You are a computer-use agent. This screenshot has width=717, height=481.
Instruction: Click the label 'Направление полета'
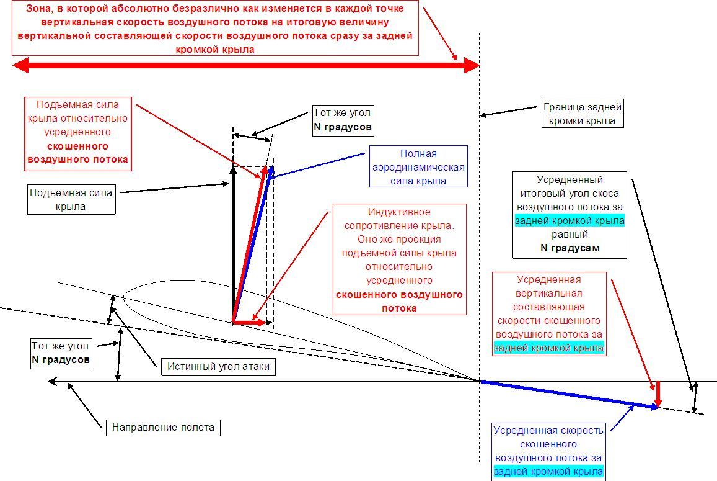click(163, 427)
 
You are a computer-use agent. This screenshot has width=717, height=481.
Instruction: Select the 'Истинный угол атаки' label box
click(218, 366)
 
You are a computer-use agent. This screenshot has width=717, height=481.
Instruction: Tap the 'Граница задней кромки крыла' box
click(582, 114)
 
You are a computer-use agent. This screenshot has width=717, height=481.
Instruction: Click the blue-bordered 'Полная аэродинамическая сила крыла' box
click(418, 167)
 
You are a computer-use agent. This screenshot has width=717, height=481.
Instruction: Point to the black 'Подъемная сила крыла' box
click(71, 199)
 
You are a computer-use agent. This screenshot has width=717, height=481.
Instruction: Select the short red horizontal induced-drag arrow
click(249, 322)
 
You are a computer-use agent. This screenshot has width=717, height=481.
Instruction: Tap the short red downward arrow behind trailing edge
click(658, 393)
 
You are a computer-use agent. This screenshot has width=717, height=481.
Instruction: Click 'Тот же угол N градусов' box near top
click(342, 121)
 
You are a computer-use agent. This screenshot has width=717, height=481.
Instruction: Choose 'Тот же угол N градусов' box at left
click(61, 353)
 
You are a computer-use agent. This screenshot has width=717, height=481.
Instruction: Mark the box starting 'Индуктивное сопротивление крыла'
click(399, 259)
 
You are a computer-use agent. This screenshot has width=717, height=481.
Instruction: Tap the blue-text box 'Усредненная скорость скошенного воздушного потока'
click(548, 450)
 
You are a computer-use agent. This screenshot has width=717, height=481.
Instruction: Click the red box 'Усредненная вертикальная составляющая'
click(548, 313)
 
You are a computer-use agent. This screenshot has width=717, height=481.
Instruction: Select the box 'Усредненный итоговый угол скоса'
click(570, 214)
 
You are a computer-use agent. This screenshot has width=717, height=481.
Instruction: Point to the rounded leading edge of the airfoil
click(125, 295)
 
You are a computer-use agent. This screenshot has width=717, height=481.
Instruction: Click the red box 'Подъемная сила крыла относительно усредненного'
click(77, 132)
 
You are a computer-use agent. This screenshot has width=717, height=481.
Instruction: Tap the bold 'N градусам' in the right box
click(570, 248)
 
